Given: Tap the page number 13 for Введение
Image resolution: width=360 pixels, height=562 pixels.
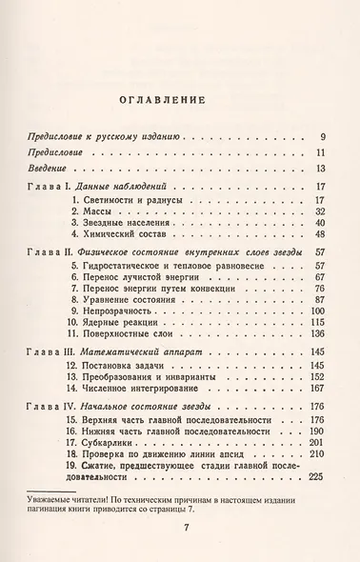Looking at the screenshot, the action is (321, 169).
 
